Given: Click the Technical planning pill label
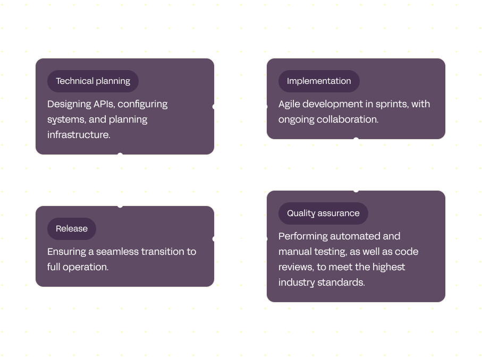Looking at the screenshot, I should point(93,81).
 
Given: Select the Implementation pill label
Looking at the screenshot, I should point(319,81).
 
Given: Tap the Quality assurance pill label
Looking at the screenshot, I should point(323,213).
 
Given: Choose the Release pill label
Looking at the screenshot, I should point(72,229).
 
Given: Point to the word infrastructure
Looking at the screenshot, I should point(79,135).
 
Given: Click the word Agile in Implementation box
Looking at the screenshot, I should point(290,104).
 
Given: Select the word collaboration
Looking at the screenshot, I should point(348,119).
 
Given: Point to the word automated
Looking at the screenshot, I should point(351,236).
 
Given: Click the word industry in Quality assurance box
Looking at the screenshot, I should point(297,282).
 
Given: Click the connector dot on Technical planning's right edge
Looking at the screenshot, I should point(215,107).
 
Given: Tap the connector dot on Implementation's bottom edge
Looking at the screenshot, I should point(356,140).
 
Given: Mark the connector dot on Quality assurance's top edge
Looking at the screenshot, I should point(356,190).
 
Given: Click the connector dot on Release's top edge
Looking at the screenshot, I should point(120,204).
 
